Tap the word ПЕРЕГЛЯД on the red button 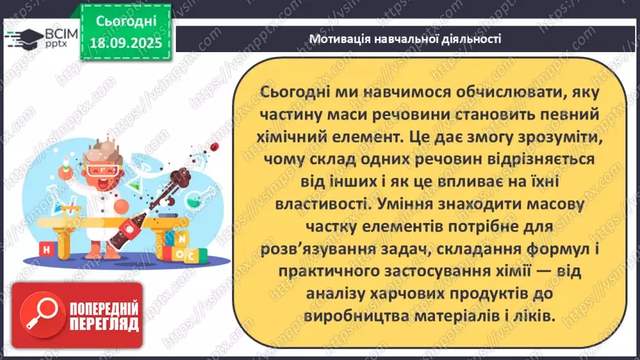pos(104,324)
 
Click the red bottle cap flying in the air pos(215,145)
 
